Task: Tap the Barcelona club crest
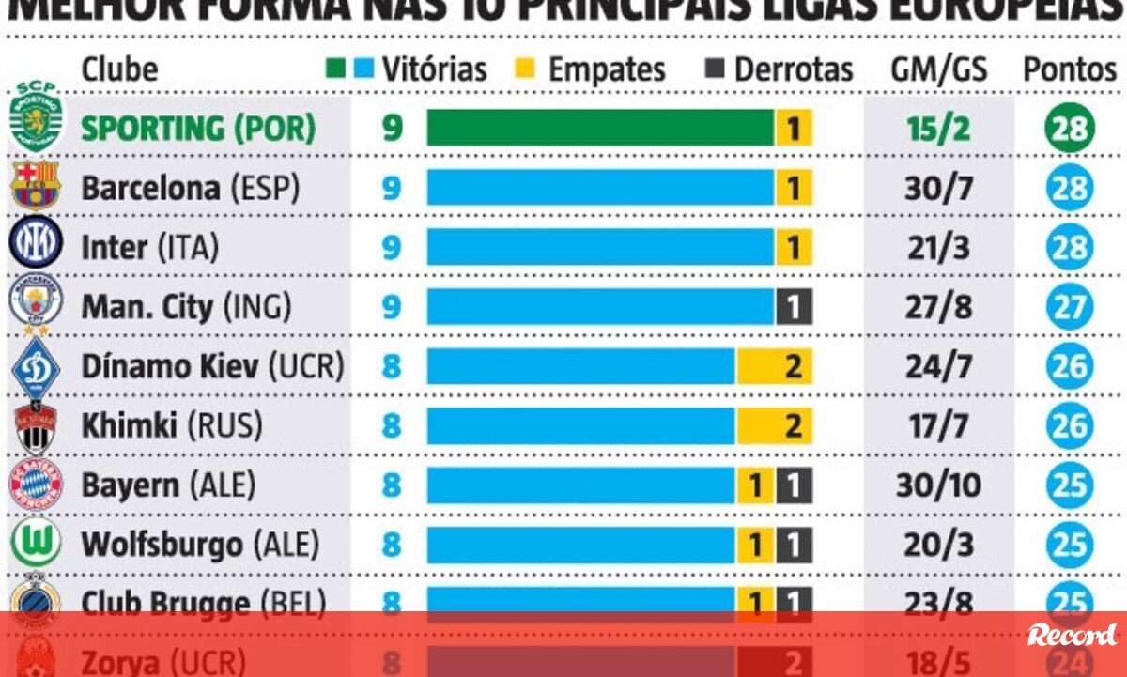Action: click(x=36, y=185)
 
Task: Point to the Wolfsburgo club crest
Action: click(x=36, y=543)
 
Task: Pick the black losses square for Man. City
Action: click(x=794, y=307)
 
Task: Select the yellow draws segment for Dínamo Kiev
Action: click(x=774, y=366)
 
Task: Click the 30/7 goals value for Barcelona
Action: click(x=939, y=188)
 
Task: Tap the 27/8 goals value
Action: click(x=939, y=307)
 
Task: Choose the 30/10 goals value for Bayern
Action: click(x=939, y=485)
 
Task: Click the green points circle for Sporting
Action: click(x=1069, y=129)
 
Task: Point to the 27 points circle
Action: click(x=1069, y=307)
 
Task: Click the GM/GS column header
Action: click(x=939, y=69)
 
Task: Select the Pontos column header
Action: click(x=1070, y=69)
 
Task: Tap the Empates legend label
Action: click(x=607, y=69)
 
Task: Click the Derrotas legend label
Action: click(x=794, y=69)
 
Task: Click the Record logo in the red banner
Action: click(x=1071, y=635)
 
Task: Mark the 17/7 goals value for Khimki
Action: click(x=939, y=426)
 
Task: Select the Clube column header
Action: click(x=120, y=69)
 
